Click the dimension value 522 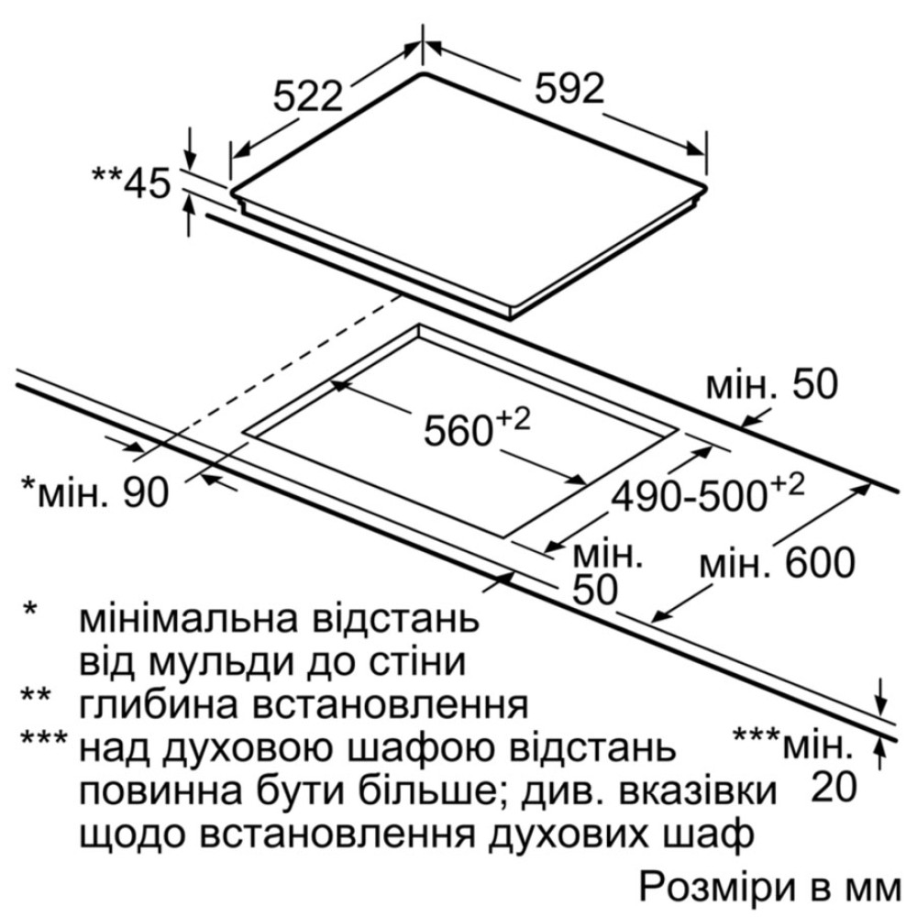(x=307, y=96)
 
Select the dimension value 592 (x=569, y=90)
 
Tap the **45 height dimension (x=131, y=182)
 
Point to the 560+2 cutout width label (x=477, y=427)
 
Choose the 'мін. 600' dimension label (x=778, y=563)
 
